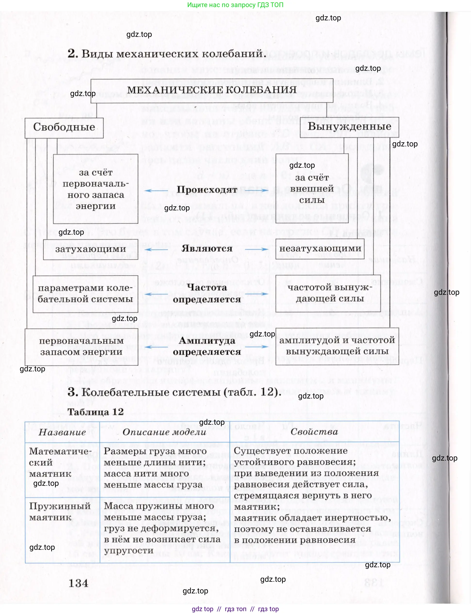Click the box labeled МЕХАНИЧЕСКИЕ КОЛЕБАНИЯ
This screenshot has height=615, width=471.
(212, 90)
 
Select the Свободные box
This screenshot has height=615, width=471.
(64, 128)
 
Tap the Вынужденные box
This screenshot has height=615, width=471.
(349, 127)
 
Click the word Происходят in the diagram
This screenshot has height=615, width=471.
(207, 190)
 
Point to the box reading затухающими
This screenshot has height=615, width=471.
(90, 249)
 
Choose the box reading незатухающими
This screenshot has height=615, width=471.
(320, 248)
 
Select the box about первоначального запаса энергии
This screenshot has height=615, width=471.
(96, 189)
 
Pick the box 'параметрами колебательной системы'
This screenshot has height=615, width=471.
(85, 294)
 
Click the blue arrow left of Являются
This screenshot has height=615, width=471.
(156, 249)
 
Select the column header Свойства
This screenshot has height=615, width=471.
(314, 432)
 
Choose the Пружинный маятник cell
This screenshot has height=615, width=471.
(60, 512)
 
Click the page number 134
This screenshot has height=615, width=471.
(79, 583)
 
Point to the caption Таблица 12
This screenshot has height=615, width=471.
(95, 412)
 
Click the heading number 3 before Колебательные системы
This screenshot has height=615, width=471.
(73, 392)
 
